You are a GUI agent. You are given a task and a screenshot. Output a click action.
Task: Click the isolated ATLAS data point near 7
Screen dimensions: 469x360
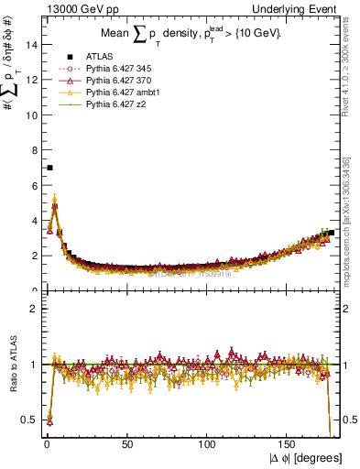tap(49, 168)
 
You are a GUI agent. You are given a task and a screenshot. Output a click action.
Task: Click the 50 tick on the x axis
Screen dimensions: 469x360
tap(127, 445)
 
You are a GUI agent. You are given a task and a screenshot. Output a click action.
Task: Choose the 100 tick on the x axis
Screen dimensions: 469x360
tap(208, 445)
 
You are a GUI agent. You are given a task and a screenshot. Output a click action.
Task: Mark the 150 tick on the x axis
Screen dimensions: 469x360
tap(289, 445)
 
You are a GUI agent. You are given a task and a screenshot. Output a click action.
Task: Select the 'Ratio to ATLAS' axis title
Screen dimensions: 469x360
tap(13, 365)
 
